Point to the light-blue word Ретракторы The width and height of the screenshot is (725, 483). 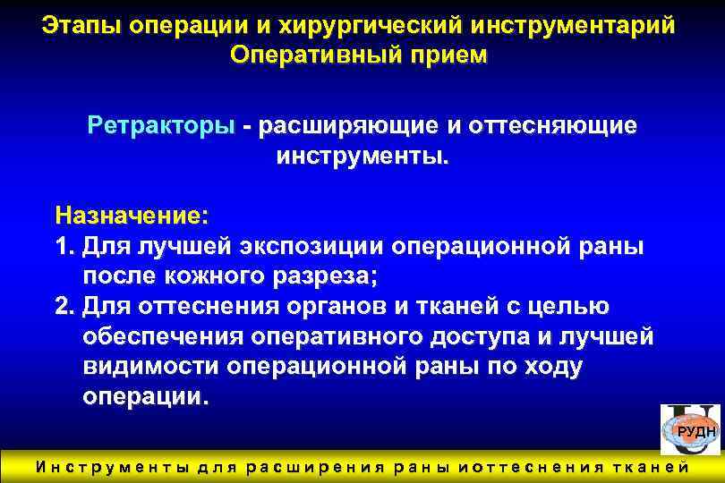161,126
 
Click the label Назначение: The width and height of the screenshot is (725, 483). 131,216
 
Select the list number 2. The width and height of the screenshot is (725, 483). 63,307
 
